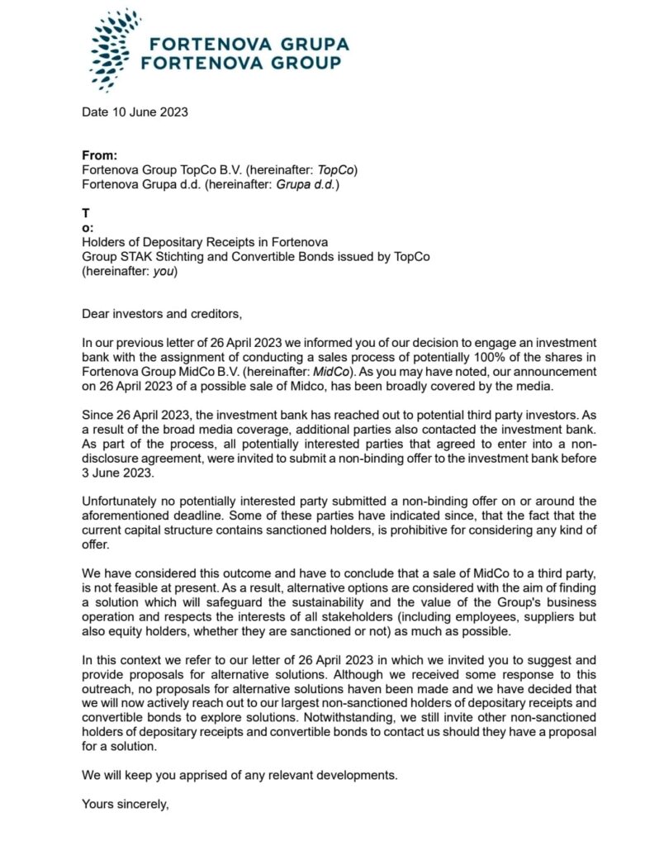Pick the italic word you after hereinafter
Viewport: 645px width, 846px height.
click(x=165, y=271)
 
